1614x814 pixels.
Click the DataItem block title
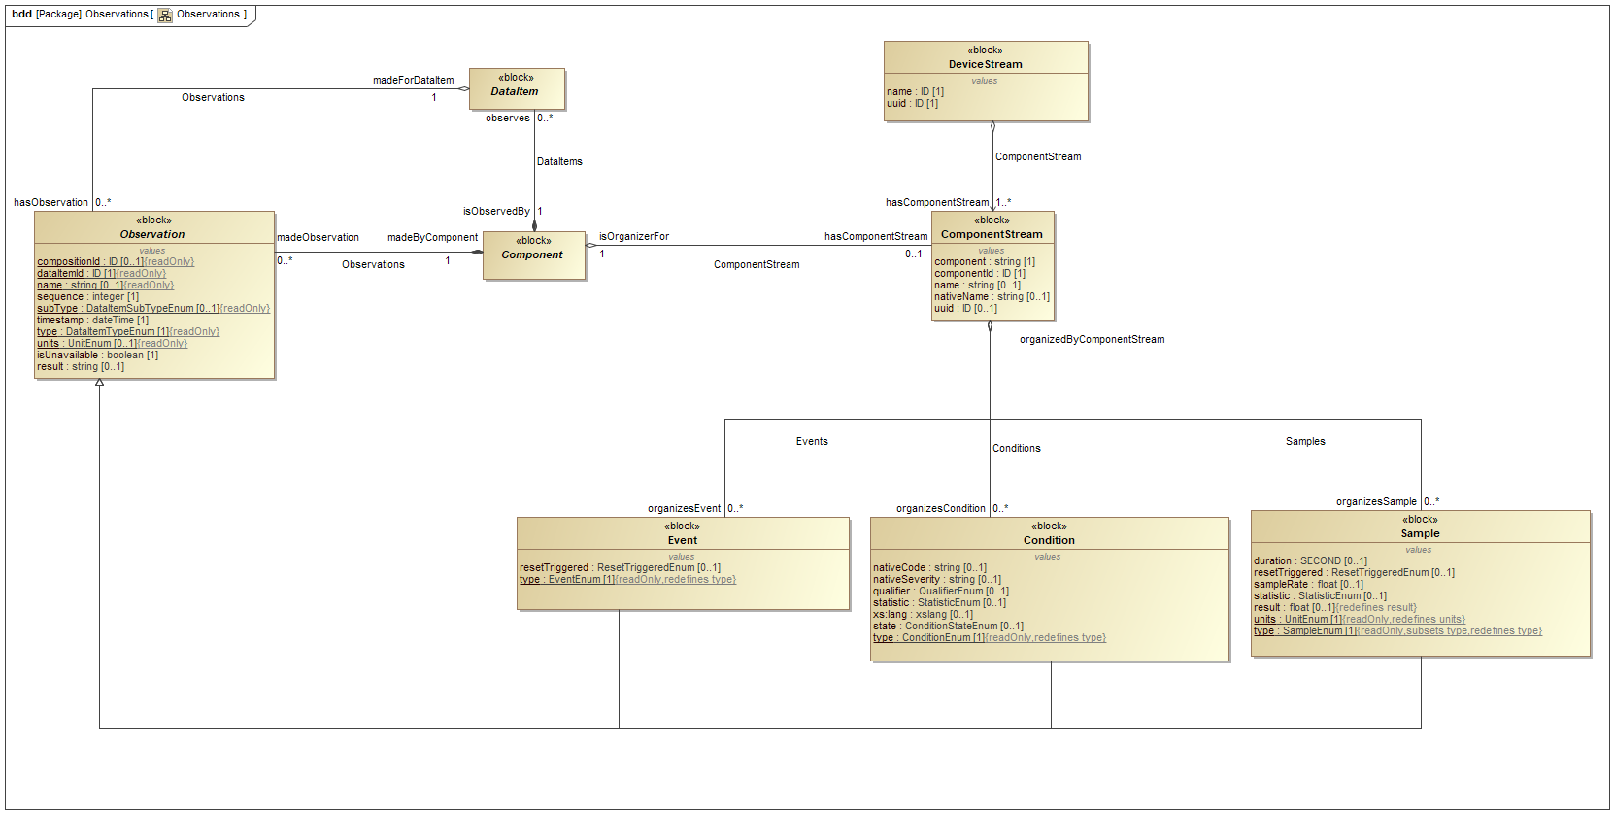(515, 91)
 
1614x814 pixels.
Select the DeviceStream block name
(985, 64)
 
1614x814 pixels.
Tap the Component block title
(532, 254)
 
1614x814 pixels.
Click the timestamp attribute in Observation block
(92, 320)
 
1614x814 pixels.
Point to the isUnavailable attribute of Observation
(97, 355)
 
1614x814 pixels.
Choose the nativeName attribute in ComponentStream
(992, 296)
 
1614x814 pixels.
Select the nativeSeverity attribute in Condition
(936, 579)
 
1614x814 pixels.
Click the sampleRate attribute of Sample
(1307, 584)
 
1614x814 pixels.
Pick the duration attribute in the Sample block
(1309, 560)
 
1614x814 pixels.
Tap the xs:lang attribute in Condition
(922, 614)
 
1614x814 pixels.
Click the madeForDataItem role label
(413, 80)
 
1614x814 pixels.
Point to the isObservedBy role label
(496, 211)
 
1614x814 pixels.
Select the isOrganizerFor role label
(633, 236)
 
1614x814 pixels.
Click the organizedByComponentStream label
(1092, 339)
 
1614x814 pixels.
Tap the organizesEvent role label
(684, 508)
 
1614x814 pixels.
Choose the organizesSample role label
(1375, 501)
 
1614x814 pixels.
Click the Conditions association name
(1016, 448)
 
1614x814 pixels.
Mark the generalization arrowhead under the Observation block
(99, 383)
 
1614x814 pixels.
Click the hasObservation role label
(50, 202)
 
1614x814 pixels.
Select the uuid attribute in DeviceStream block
(912, 103)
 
